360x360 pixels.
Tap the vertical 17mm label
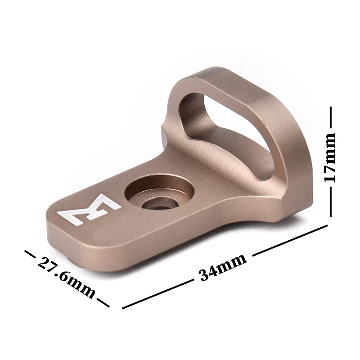click(330, 157)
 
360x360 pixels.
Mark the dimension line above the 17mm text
click(331, 117)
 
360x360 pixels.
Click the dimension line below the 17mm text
click(330, 202)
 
